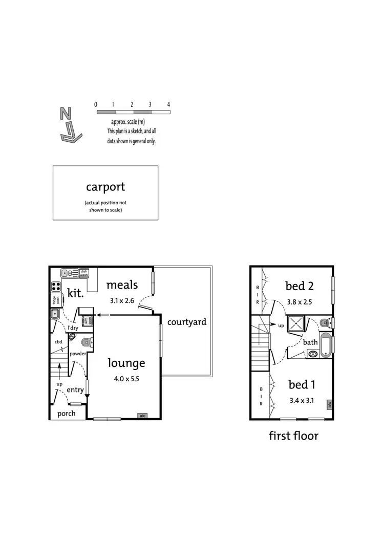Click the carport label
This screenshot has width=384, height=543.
[105, 187]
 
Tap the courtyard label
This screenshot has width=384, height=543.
[187, 322]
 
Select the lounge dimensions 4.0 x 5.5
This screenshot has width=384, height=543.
[126, 379]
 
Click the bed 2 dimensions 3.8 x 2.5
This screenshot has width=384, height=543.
[300, 301]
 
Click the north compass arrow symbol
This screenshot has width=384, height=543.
[69, 126]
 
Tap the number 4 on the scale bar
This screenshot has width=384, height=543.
[168, 104]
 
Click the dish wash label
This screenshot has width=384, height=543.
[84, 273]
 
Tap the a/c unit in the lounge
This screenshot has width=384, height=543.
[142, 416]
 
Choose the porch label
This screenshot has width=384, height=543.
[67, 414]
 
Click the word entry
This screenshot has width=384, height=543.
[75, 390]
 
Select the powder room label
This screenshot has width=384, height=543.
[78, 354]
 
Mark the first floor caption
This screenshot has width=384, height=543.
[293, 436]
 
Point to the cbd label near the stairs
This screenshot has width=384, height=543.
[58, 341]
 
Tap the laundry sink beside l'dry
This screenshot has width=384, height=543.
[56, 314]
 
